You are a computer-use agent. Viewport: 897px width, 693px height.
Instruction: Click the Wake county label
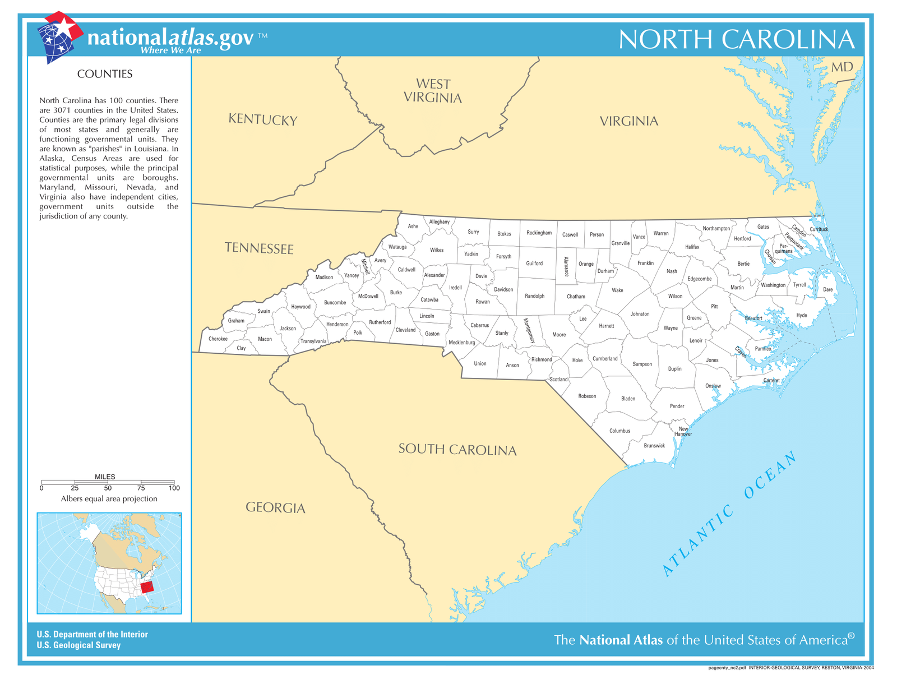(617, 290)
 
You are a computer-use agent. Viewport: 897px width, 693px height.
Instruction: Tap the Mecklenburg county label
(461, 343)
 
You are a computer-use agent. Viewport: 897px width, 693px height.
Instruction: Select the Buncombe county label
(335, 303)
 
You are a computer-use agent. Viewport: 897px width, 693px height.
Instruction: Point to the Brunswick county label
(654, 446)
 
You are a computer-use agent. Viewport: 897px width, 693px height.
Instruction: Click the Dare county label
(827, 290)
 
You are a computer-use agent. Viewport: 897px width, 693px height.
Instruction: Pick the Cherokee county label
(218, 339)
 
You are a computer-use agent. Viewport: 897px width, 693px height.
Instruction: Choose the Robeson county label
(587, 396)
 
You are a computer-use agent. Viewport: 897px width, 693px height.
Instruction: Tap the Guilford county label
(534, 264)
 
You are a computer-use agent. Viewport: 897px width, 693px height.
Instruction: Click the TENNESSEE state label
(259, 248)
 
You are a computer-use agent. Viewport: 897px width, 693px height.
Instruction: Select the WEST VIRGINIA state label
(433, 91)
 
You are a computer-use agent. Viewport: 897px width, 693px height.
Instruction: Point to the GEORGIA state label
(275, 508)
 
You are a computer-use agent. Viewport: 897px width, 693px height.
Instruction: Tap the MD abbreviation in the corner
(841, 67)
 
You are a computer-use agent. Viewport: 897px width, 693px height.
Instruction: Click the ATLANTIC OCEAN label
(729, 514)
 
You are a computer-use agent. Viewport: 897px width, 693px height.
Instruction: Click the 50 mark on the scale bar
(108, 488)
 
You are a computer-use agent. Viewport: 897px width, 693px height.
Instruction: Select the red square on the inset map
(146, 587)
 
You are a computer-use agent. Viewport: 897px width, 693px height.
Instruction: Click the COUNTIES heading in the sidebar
(105, 74)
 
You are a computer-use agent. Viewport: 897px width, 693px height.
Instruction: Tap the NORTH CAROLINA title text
(736, 40)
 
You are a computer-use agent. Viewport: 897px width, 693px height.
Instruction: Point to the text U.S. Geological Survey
(78, 645)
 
